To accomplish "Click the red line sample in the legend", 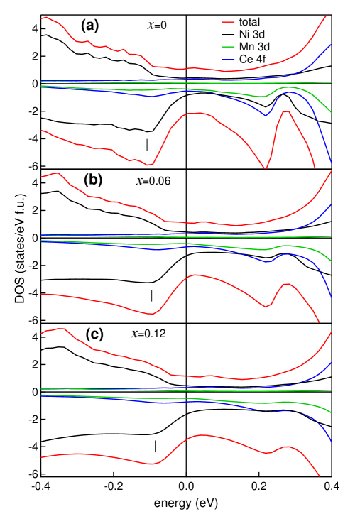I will (228, 22).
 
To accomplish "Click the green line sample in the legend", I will (228, 47).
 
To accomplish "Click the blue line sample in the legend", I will (228, 60).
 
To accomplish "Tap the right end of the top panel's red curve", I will (327, 16).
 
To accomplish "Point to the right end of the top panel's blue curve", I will (331, 44).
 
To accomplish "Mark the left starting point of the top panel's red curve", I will (42, 18).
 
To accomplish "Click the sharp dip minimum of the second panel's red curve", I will (266, 168).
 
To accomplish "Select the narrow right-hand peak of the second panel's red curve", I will (285, 111).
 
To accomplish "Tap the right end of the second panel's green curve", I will (331, 112).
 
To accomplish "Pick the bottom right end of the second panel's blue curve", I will (331, 162).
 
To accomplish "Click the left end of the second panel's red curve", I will (42, 131).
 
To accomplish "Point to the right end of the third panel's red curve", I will (331, 171).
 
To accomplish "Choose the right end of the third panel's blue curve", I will (331, 204).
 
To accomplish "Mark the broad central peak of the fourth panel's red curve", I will (195, 275).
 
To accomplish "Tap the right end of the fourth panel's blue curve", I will (331, 297).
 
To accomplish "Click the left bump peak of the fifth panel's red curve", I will (62, 329).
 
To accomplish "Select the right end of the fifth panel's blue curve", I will (331, 362).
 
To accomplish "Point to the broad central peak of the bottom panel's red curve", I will (202, 435).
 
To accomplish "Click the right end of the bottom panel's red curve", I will (319, 476).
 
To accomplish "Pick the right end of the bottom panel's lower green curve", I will (331, 413).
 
